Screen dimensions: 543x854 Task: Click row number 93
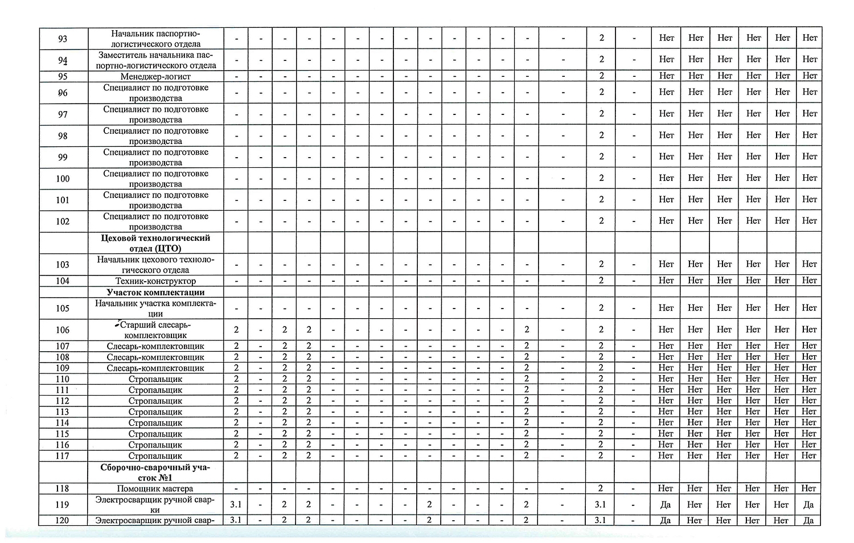63,39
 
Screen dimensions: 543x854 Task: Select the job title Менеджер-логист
155,76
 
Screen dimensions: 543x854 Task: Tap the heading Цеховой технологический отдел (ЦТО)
155,243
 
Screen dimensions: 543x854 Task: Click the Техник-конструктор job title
155,281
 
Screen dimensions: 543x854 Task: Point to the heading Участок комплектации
155,292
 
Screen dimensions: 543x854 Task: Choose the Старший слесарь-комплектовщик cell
155,330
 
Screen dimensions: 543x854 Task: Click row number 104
63,281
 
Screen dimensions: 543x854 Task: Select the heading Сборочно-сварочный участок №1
155,472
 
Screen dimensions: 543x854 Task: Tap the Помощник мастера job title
155,488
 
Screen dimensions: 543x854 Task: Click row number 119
63,504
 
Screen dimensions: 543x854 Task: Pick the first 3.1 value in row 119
236,504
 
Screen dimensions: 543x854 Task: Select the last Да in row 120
808,520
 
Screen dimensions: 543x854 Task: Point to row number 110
63,379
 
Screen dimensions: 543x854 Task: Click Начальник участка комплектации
155,308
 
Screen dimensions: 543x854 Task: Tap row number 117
63,455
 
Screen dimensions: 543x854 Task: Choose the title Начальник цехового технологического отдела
155,265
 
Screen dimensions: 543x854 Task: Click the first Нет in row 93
666,38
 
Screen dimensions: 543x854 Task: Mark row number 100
63,178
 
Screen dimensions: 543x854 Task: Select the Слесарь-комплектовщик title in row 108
155,357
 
